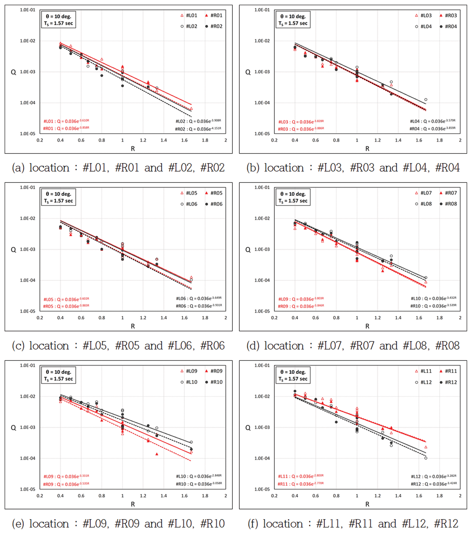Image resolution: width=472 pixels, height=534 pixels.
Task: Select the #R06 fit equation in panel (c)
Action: tap(199, 306)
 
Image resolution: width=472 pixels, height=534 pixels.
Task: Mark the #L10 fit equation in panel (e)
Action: tap(199, 476)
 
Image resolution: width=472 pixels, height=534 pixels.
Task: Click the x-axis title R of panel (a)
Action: tap(133, 149)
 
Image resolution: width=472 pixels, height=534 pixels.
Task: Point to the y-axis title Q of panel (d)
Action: tap(248, 250)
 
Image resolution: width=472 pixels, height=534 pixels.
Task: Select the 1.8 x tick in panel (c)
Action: tap(205, 318)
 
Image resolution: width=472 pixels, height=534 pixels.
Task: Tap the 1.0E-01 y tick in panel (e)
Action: tap(27, 365)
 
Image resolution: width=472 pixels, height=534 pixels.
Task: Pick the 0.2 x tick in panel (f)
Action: tap(274, 496)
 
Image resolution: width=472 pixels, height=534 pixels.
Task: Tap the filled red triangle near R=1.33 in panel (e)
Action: tap(157, 454)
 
